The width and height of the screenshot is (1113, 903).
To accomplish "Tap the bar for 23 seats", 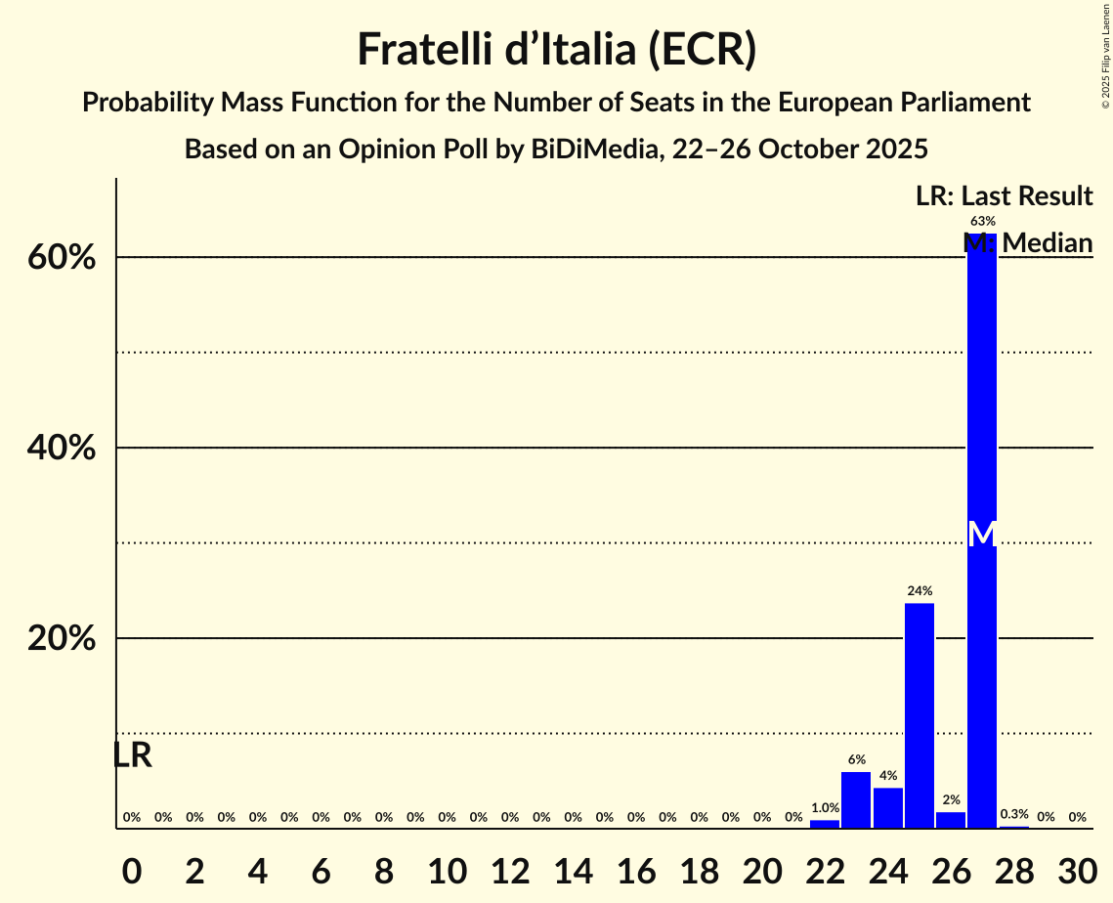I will pos(856,800).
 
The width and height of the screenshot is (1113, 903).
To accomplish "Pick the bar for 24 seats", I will pos(888,808).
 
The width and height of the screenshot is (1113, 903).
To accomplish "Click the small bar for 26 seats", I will pos(951,820).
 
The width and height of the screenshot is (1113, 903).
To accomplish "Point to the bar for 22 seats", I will pos(825,824).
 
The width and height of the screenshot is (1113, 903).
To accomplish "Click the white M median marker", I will pos(982,535).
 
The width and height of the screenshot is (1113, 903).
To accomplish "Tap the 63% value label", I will pos(982,221).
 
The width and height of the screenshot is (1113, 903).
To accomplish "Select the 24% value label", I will pos(920,590).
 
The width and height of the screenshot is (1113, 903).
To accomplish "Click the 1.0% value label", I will pos(825,807).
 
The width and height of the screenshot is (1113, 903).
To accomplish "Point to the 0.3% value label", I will pos(1014,814).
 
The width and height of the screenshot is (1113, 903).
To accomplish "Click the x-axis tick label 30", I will pos(1077,868).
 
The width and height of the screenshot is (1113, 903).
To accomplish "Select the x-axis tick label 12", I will pos(510,868).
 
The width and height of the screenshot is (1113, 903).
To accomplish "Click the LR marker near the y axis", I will pos(132,755).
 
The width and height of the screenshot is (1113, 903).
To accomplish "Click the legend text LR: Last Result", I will pos(1004,195).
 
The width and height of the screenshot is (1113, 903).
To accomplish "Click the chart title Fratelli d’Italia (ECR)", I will pos(556,50).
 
